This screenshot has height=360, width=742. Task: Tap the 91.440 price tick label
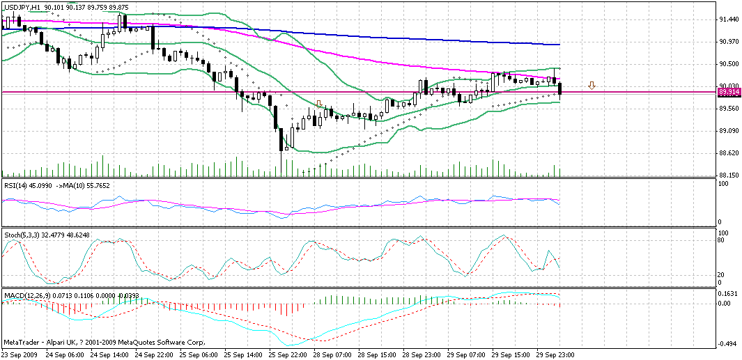coord(729,19)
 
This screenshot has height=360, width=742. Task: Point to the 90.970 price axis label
coord(729,42)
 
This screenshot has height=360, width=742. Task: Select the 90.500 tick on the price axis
coord(729,64)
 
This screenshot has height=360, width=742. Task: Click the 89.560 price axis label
coord(729,109)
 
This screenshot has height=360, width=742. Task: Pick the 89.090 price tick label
coord(729,131)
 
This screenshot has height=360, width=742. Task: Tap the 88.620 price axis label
coord(729,153)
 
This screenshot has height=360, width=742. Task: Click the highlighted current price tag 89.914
coord(729,92)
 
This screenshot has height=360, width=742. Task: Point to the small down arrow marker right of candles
coord(592,86)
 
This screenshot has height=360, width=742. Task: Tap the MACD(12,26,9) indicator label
coord(27,295)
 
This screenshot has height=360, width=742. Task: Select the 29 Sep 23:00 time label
coord(555,354)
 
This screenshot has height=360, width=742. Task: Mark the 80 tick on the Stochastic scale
coord(722,240)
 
